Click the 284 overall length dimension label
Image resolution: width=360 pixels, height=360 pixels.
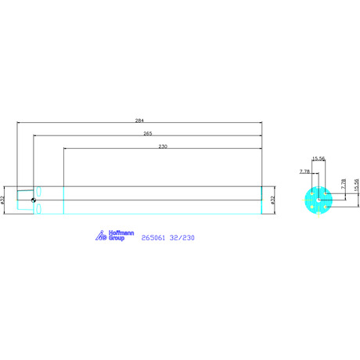click(139, 121)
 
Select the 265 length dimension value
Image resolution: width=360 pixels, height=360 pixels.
click(148, 134)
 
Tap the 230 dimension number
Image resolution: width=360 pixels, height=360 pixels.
click(163, 146)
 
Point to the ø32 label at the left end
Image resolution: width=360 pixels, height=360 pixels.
click(2, 200)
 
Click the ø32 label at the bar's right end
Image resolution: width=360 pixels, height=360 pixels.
click(273, 200)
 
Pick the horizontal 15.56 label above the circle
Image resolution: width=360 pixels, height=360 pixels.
click(319, 158)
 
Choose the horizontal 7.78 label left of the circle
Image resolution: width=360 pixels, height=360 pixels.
click(304, 171)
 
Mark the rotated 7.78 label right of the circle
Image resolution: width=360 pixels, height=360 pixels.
click(344, 184)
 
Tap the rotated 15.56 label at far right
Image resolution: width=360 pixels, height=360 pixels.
click(357, 185)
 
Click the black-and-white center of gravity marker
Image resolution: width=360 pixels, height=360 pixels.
click(34, 200)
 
